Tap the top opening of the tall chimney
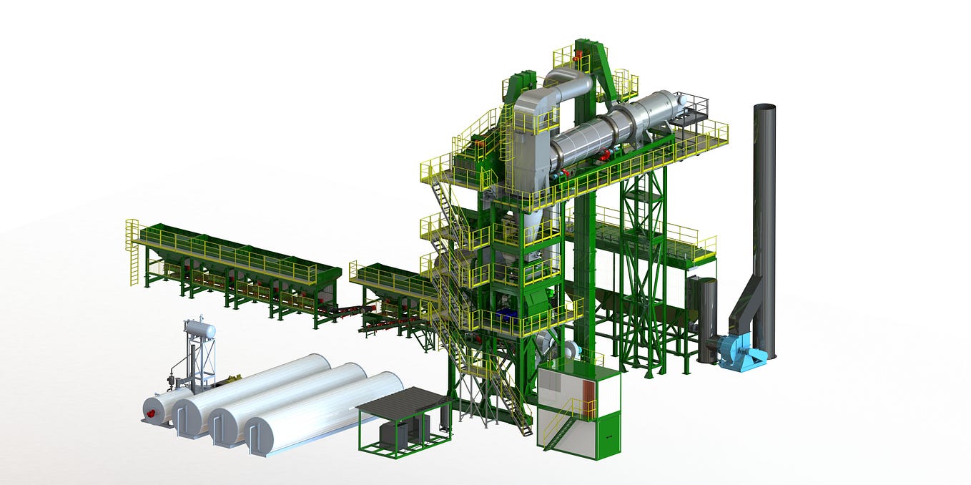pos(764,108)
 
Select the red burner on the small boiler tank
pos(151,409)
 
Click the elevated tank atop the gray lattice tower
pos(200,330)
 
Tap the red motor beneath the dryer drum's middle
pos(605,153)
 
